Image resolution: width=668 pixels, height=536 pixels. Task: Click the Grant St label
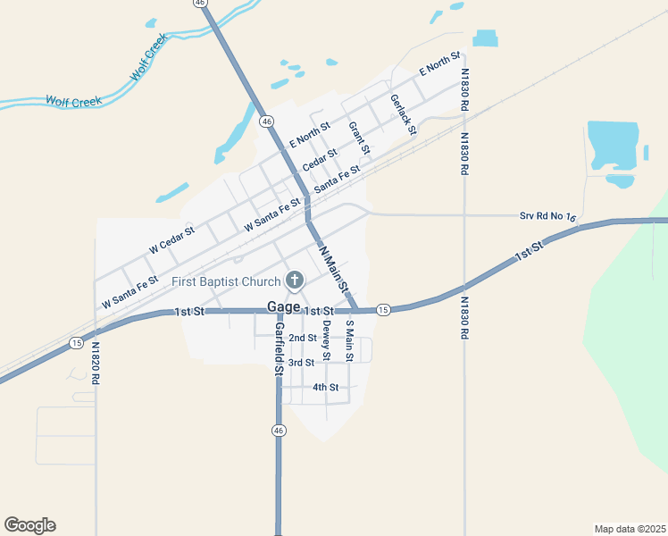click(x=359, y=136)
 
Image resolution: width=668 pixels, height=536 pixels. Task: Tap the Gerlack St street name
click(x=404, y=113)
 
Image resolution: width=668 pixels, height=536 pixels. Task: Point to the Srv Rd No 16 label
click(x=548, y=217)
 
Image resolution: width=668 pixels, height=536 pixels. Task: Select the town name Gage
click(x=283, y=307)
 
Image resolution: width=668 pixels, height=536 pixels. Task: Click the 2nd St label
click(x=303, y=338)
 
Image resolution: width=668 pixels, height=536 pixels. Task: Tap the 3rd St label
click(x=301, y=363)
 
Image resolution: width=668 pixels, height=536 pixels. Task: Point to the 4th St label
click(x=325, y=388)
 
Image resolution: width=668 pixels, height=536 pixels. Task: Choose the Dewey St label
click(x=327, y=340)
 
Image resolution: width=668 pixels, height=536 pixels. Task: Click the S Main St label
click(x=350, y=340)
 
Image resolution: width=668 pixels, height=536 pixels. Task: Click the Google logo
click(x=29, y=525)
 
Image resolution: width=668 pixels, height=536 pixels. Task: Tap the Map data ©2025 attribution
click(x=630, y=529)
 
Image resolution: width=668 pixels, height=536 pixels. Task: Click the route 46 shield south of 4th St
click(x=279, y=431)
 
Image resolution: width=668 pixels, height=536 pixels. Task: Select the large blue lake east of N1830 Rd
click(x=613, y=145)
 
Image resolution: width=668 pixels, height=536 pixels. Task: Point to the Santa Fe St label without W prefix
click(x=337, y=177)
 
